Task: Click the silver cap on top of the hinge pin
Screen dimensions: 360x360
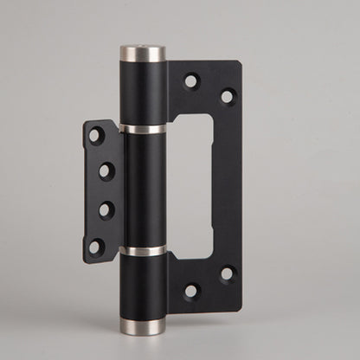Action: tap(142, 54)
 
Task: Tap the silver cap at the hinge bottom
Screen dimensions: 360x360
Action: tap(144, 325)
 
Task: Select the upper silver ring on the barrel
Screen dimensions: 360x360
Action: tap(143, 130)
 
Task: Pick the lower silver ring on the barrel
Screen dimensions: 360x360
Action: tap(144, 251)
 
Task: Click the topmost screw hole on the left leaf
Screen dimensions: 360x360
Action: tap(96, 136)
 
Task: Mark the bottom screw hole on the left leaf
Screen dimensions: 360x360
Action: tap(96, 246)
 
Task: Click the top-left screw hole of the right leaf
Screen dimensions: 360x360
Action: tap(190, 81)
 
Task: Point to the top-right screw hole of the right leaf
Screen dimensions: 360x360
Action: tap(227, 96)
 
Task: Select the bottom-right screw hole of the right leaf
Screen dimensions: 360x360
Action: tap(227, 274)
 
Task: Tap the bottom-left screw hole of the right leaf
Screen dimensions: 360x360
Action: tap(190, 291)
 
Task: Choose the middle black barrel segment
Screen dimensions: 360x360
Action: tap(143, 190)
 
